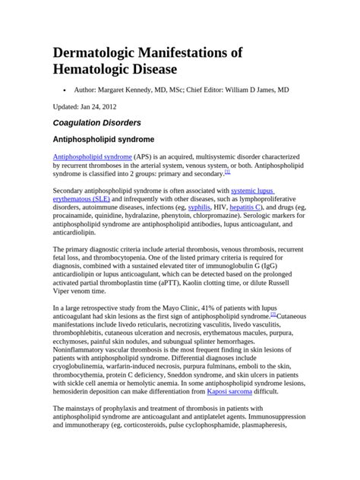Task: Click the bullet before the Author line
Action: (62, 89)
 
